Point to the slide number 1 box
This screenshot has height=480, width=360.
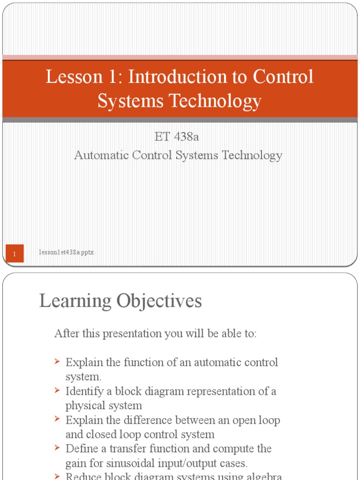point(15,254)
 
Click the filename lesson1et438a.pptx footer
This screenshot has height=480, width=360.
point(67,252)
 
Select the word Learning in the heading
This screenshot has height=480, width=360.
point(75,301)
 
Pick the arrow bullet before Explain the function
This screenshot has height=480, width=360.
point(57,362)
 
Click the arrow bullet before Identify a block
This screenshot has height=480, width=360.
point(57,390)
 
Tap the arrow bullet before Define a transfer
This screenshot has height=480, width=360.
point(57,448)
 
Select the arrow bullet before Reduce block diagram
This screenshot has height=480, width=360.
point(57,476)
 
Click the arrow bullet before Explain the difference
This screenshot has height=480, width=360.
point(57,420)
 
